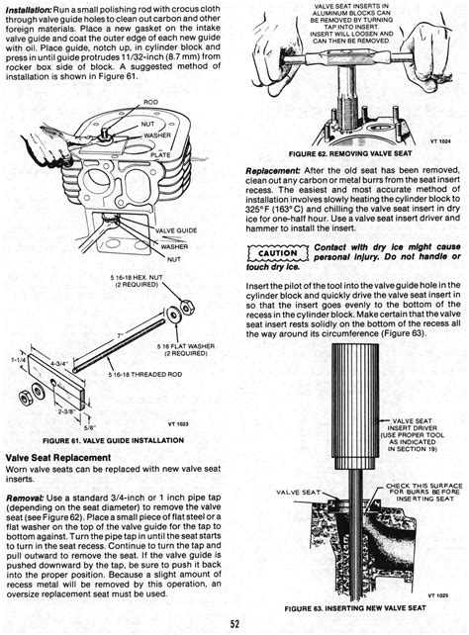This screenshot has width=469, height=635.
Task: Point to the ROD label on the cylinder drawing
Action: tap(150, 102)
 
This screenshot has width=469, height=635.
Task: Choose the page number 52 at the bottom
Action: tap(234, 622)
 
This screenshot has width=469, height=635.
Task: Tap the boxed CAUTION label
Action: tap(275, 252)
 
